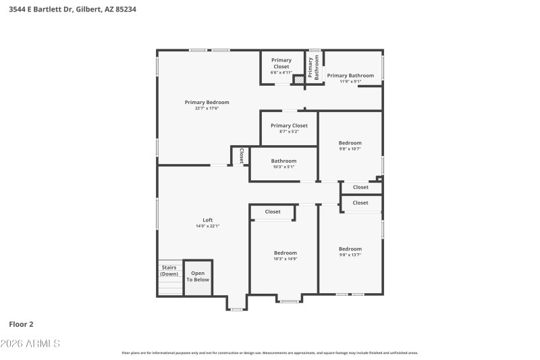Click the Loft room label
[x=208, y=220]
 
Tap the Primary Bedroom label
[x=207, y=103]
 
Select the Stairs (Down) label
[x=169, y=271]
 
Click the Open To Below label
[x=198, y=276]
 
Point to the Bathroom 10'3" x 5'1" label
[x=283, y=161]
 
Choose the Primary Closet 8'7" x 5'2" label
[x=289, y=126]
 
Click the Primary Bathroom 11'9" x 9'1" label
[x=350, y=76]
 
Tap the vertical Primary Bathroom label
[x=314, y=68]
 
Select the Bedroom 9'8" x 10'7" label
[x=350, y=143]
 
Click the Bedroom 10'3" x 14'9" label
[x=285, y=253]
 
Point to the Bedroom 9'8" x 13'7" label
[x=350, y=249]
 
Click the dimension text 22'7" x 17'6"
[x=207, y=108]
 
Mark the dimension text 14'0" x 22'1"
[x=208, y=226]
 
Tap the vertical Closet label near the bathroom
[x=241, y=156]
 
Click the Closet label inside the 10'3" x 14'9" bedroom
[x=273, y=212]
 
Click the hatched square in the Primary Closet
[x=298, y=79]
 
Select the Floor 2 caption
[x=22, y=324]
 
